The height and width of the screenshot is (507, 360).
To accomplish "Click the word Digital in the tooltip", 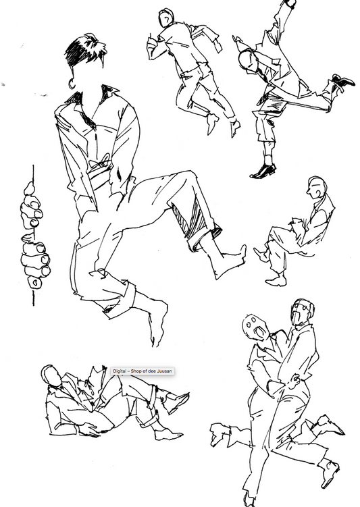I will point(120,371).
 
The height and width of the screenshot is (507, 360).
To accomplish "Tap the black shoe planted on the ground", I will point(262,171).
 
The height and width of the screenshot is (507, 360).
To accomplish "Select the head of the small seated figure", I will point(316,187).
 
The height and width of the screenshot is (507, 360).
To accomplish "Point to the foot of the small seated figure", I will point(276,278).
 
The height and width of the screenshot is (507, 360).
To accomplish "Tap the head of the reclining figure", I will point(51,375).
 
